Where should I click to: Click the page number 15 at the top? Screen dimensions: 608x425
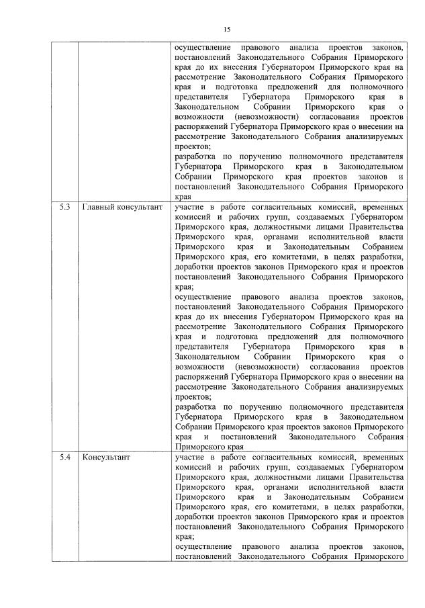click(x=226, y=29)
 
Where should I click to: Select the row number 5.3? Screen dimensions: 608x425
click(x=64, y=208)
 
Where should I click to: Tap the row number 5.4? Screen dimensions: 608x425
click(x=64, y=458)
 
